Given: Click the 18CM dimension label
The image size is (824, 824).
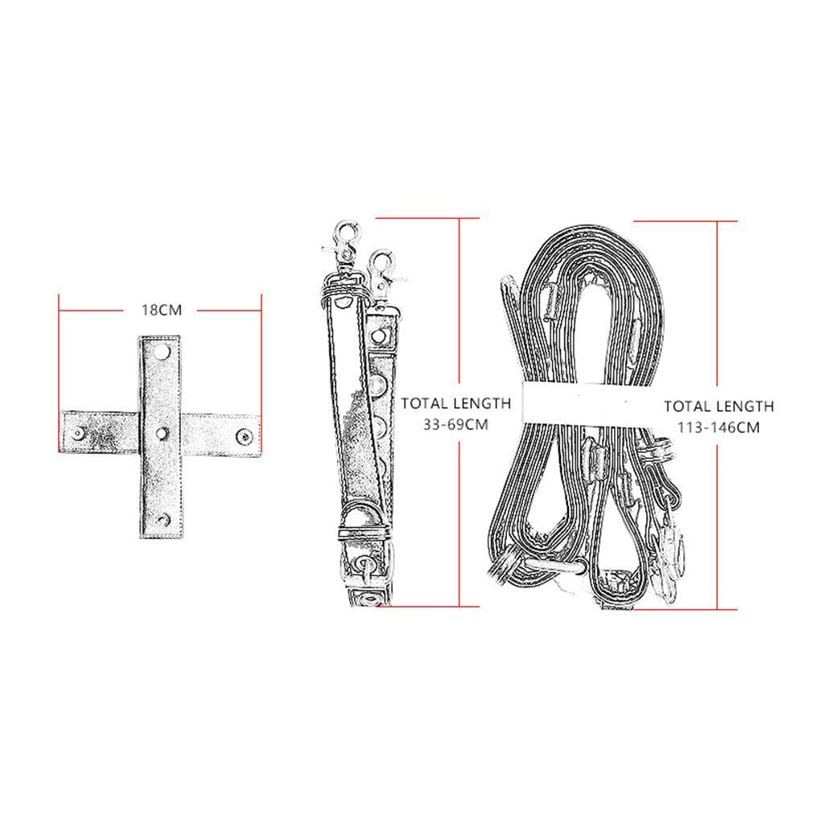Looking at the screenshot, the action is point(161,310).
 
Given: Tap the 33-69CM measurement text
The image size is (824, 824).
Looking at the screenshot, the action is point(456,425).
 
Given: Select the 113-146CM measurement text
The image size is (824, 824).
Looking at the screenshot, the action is point(719,427).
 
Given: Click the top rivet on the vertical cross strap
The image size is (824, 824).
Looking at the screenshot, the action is point(161,351).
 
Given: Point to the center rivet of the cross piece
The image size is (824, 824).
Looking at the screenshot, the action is point(161,433).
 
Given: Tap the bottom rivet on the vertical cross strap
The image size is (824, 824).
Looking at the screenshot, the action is point(161,519).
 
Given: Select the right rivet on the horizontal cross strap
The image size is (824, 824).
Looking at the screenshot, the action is point(244,435).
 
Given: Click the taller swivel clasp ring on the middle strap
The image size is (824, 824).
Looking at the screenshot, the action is point(349,232).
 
